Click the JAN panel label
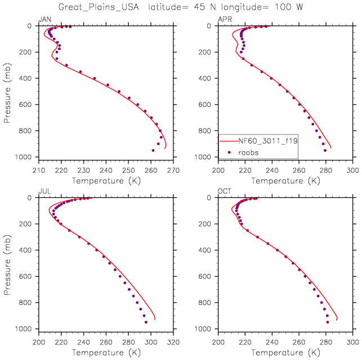point(43,20)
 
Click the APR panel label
point(224,20)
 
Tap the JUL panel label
point(43,192)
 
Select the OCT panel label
point(224,192)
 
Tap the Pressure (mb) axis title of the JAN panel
point(7,91)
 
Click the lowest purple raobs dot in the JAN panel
point(153,150)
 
